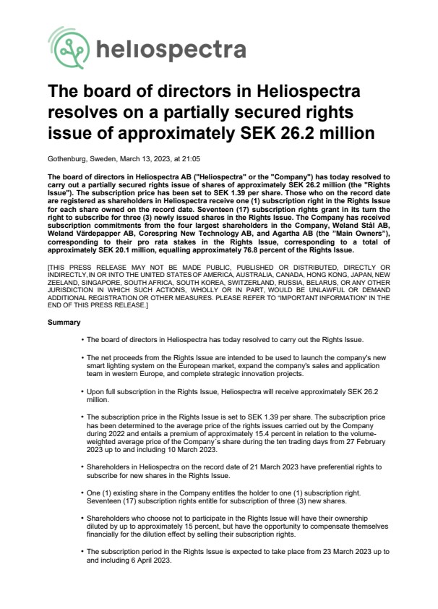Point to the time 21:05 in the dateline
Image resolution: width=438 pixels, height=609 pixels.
[x=192, y=157]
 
